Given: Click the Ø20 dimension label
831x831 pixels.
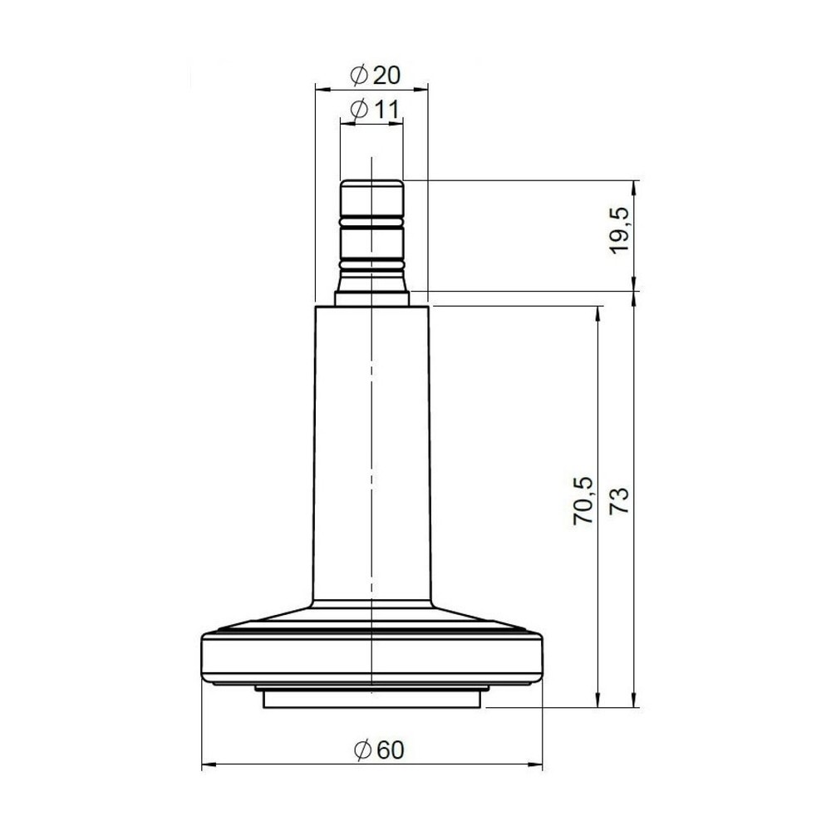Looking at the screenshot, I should coord(376,75).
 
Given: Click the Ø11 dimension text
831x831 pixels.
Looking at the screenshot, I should coord(374,109).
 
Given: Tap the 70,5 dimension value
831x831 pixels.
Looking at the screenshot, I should coord(584,499).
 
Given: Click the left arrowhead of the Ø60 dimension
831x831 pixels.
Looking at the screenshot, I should coord(208,764).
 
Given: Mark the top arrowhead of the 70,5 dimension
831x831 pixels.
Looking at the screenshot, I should coord(597,312).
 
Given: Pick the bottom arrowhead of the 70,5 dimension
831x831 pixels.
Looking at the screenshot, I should coord(597,702).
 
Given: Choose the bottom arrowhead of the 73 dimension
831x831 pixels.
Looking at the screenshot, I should coord(635,702).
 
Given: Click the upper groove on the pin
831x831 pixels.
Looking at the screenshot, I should coord(371,223).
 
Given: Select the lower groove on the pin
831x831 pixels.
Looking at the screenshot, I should coord(371,265).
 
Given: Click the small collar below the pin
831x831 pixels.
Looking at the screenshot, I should coord(371,297).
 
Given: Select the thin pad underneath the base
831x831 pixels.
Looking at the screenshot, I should coord(371,700).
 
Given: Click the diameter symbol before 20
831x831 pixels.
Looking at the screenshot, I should coord(359,75).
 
